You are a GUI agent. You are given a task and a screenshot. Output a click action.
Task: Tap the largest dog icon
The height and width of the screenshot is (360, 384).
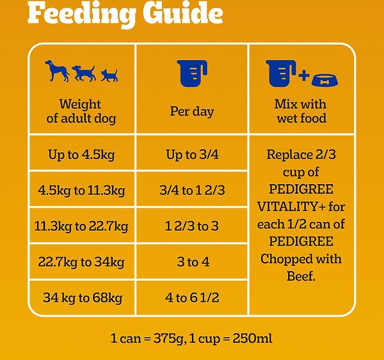tap(58, 70)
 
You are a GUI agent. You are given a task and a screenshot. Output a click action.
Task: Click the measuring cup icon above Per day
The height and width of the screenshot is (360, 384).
tap(191, 72)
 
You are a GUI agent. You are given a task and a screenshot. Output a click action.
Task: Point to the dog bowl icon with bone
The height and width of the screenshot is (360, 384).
tap(325, 79)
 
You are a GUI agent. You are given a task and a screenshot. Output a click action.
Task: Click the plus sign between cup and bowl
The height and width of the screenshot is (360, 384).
tap(303, 77)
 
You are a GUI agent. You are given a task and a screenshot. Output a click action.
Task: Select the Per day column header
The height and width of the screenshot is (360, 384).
tap(191, 111)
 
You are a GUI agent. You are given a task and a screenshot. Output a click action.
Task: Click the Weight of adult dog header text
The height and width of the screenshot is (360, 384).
tap(80, 111)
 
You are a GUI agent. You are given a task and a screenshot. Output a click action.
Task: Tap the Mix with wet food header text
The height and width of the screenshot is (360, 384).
tap(300, 111)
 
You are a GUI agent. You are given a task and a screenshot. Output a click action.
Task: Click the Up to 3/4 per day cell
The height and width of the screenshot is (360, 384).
tap(191, 154)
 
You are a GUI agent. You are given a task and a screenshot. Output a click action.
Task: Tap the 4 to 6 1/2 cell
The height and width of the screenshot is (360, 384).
tap(191, 297)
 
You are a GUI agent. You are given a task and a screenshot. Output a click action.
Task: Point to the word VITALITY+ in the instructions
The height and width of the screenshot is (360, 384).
tap(285, 207)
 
